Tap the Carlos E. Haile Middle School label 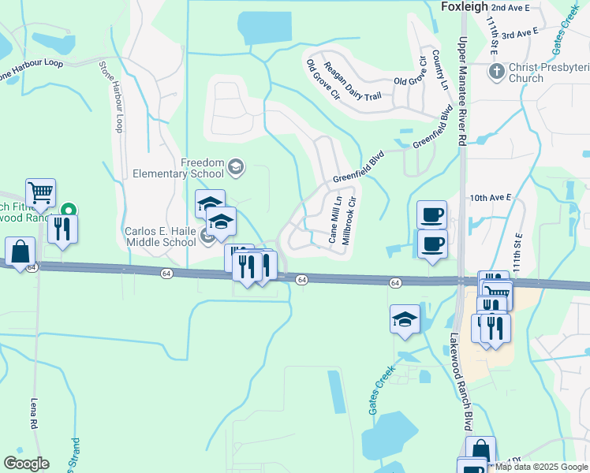160,236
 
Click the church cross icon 496,72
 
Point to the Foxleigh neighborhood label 459,7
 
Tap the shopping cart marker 40,192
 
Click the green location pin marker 69,210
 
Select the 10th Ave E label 491,197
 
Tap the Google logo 27,464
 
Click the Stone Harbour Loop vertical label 110,97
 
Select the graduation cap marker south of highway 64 405,318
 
